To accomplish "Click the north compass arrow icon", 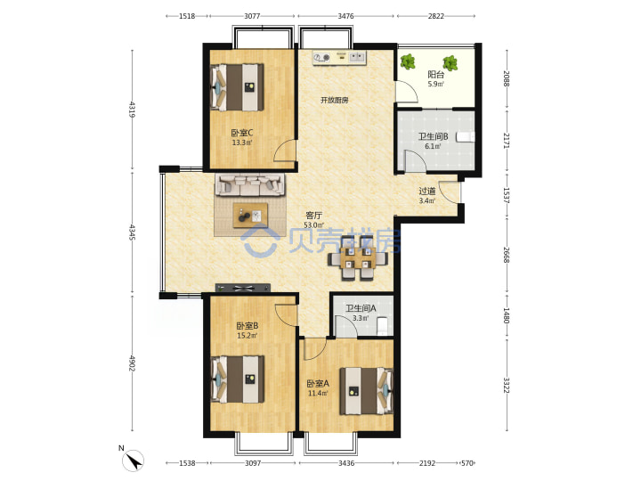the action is coord(133,461).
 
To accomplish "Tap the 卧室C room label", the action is coord(242,133).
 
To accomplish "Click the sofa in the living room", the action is coord(250,185).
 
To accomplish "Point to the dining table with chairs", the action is coord(358,258).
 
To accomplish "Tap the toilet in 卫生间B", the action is coord(466,136).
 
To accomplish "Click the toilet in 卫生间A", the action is coord(383,326).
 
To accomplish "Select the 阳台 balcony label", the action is coord(435,75).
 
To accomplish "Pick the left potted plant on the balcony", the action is coord(408,61).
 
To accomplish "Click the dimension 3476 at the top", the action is coord(345,16).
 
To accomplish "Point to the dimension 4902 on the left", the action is coord(132,363).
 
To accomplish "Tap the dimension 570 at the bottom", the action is coord(467,463).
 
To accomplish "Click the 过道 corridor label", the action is coord(427,191).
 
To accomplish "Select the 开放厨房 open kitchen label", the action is coord(335,100).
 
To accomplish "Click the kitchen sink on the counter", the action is coord(357,57).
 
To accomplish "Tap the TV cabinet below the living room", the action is coord(243,288).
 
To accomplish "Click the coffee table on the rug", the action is coord(250,216).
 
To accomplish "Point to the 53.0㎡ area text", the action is coord(314,225).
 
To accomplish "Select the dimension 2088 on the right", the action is coord(507,78).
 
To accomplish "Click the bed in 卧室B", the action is coord(238,379).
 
